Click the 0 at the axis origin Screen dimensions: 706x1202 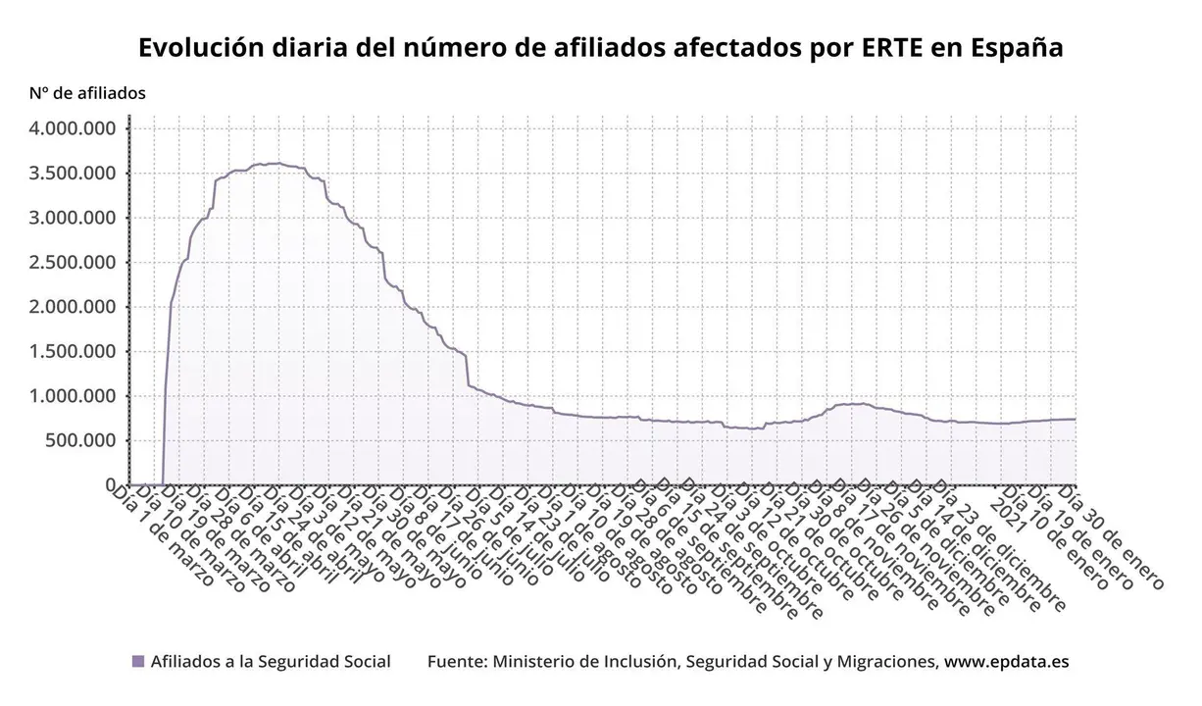(111, 484)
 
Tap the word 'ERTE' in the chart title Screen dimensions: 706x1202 (888, 48)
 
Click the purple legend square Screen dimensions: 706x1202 (138, 662)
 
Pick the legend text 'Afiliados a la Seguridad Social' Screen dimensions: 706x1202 (271, 662)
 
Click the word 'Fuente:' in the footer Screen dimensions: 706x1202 (457, 662)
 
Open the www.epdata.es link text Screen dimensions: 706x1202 (1006, 662)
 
